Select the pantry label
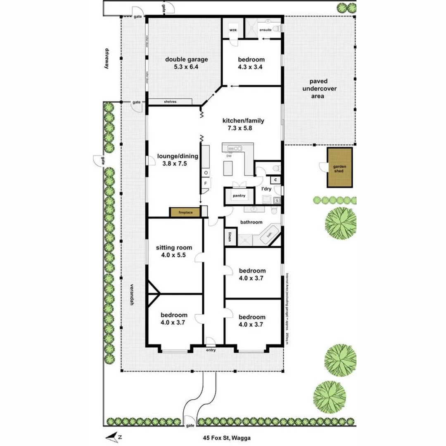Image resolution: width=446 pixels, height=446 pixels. (239, 196)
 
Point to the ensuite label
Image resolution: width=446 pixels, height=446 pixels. (265, 30)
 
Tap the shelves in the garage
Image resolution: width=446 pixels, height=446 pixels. (170, 102)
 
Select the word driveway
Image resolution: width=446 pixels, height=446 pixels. (107, 59)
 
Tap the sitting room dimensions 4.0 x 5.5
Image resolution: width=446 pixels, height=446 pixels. (174, 255)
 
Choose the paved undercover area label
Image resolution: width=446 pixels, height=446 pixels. (318, 89)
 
